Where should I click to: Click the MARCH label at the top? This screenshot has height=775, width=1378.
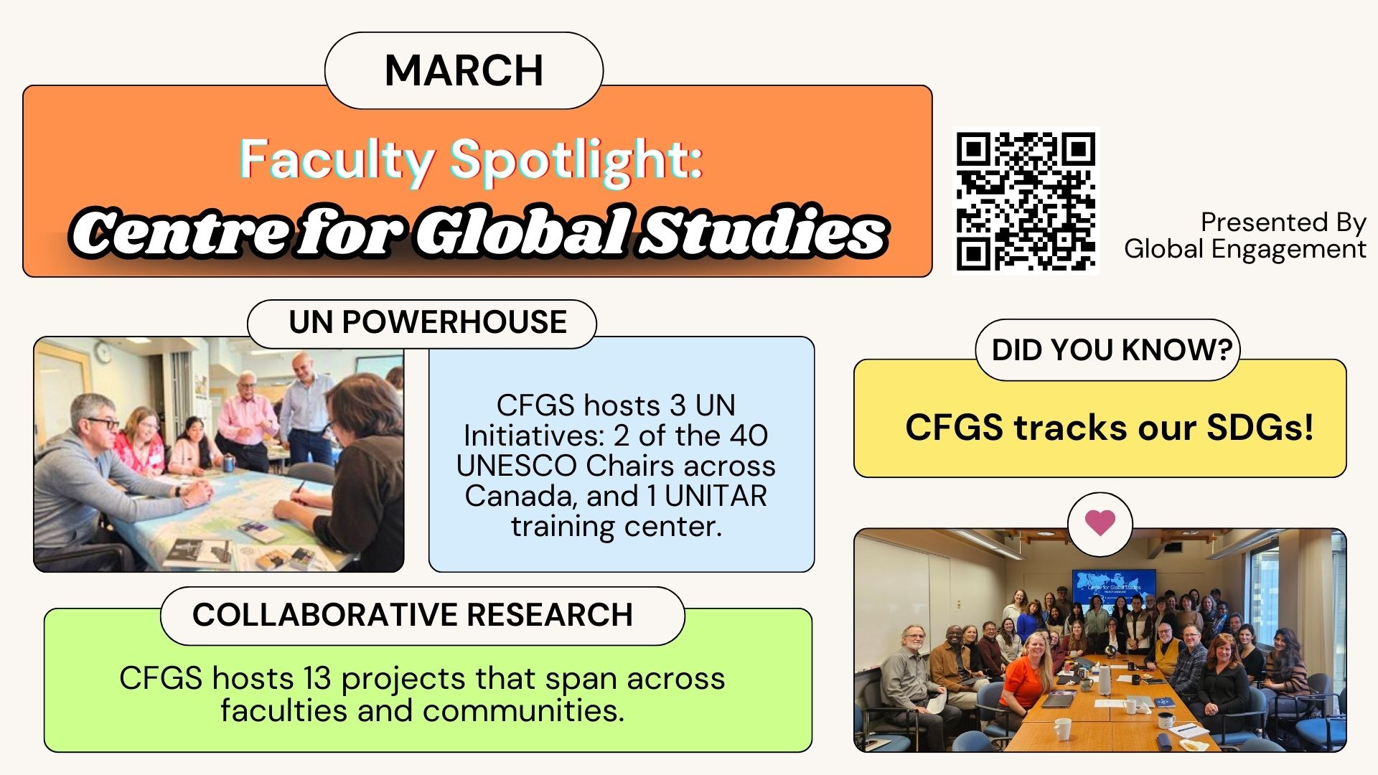click(464, 70)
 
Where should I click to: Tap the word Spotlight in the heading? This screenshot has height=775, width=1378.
click(576, 161)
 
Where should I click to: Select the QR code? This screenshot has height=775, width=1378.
click(1026, 201)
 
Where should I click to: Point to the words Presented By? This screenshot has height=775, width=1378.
click(1283, 222)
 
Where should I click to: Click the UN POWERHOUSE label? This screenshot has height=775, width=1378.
click(428, 322)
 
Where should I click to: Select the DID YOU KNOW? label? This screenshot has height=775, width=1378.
click(1112, 350)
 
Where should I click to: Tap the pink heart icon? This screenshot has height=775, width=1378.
click(1100, 522)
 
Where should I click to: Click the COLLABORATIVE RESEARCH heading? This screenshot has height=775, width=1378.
click(413, 615)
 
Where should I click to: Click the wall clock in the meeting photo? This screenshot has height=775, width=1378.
click(104, 352)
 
